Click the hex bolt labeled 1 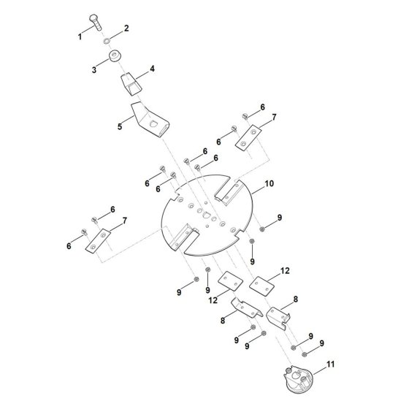96,22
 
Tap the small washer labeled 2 107,40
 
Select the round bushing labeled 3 115,56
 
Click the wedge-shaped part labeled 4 131,83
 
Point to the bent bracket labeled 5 150,120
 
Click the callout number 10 269,183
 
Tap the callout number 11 330,364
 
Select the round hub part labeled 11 298,378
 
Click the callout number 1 80,37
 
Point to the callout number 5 120,126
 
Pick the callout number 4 152,69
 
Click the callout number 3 94,70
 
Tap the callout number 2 126,28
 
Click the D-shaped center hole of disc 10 206,215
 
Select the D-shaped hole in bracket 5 153,123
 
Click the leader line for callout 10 258,190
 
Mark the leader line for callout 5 128,121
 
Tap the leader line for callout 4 142,74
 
